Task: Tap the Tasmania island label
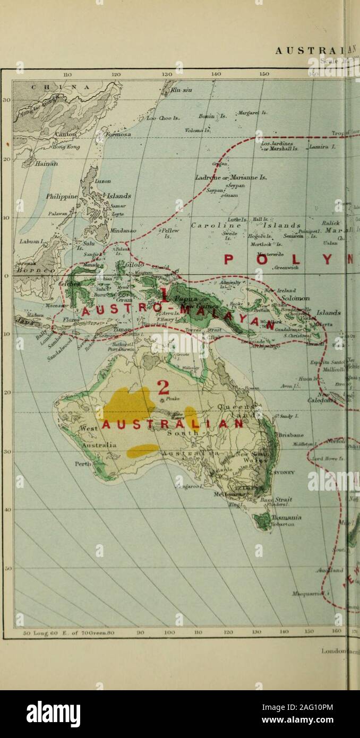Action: [x=291, y=517]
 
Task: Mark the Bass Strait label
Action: [x=286, y=500]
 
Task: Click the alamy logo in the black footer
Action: [x=53, y=714]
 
